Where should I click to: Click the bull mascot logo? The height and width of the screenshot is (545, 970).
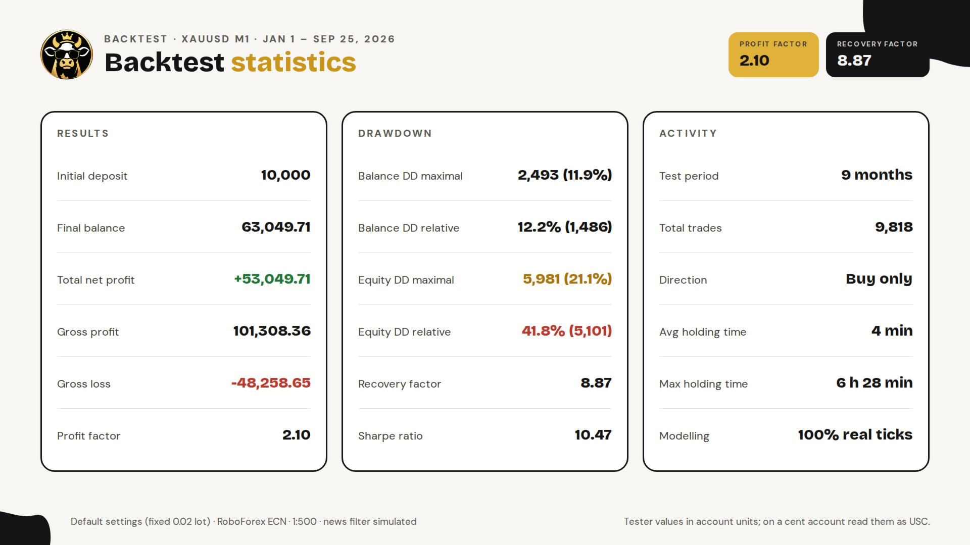coord(67,54)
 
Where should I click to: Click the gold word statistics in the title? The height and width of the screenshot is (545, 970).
coord(294,62)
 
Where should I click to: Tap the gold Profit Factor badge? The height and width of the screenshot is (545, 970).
coord(773,54)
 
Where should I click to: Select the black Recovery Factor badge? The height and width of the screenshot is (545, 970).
coord(878,54)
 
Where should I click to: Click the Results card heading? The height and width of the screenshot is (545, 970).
coord(83,133)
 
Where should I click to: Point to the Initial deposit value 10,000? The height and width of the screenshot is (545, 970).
coord(285,175)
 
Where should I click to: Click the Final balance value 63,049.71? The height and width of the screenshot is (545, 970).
coord(276,227)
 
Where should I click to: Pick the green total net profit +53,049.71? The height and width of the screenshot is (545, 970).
coord(272,279)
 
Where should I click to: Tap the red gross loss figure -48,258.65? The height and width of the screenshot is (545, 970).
coord(271,383)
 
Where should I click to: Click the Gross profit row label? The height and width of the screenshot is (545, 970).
coord(88,332)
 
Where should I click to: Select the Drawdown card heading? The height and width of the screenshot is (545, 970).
coord(395,133)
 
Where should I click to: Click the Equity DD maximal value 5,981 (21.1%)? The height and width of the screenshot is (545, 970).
coord(567,279)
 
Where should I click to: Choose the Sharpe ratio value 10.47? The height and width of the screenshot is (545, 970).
coord(593,435)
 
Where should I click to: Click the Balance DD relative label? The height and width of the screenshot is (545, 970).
coord(409,228)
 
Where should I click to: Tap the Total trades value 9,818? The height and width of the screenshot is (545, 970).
coord(894,227)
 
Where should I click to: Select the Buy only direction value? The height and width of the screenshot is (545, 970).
coord(879,279)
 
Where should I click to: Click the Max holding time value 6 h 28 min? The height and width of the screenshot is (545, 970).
coord(875,383)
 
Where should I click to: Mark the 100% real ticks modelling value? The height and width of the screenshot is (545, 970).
coord(855,435)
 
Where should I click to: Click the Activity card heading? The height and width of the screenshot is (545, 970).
coord(688,133)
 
